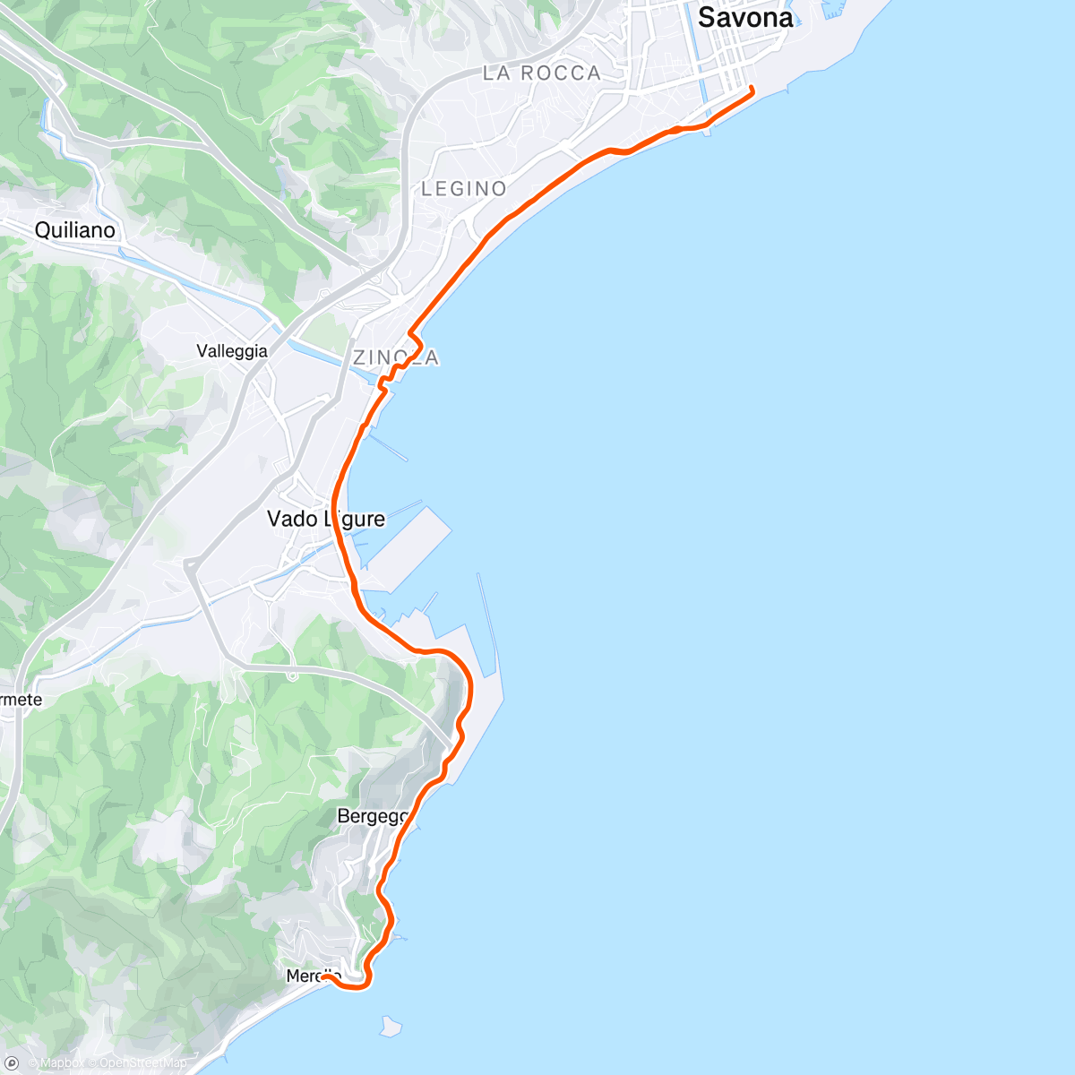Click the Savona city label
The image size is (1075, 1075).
coord(744,17)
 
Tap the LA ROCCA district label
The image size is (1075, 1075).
coord(541,73)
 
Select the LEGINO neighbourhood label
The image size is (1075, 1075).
coord(464,189)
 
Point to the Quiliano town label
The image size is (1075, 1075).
coord(75,230)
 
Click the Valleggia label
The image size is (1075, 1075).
coord(232,351)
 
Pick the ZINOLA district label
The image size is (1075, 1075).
coord(396,358)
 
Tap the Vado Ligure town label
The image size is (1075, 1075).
coord(326,519)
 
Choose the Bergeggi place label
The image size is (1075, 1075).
coord(373,816)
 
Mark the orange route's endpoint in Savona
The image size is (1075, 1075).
coord(751,88)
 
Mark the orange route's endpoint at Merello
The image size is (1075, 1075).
coord(323,977)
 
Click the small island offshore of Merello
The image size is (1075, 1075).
coord(390,1024)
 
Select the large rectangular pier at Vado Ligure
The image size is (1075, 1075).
coord(408,541)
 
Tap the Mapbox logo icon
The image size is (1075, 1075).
coord(13,1063)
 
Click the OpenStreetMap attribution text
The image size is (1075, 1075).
coord(143,1064)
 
